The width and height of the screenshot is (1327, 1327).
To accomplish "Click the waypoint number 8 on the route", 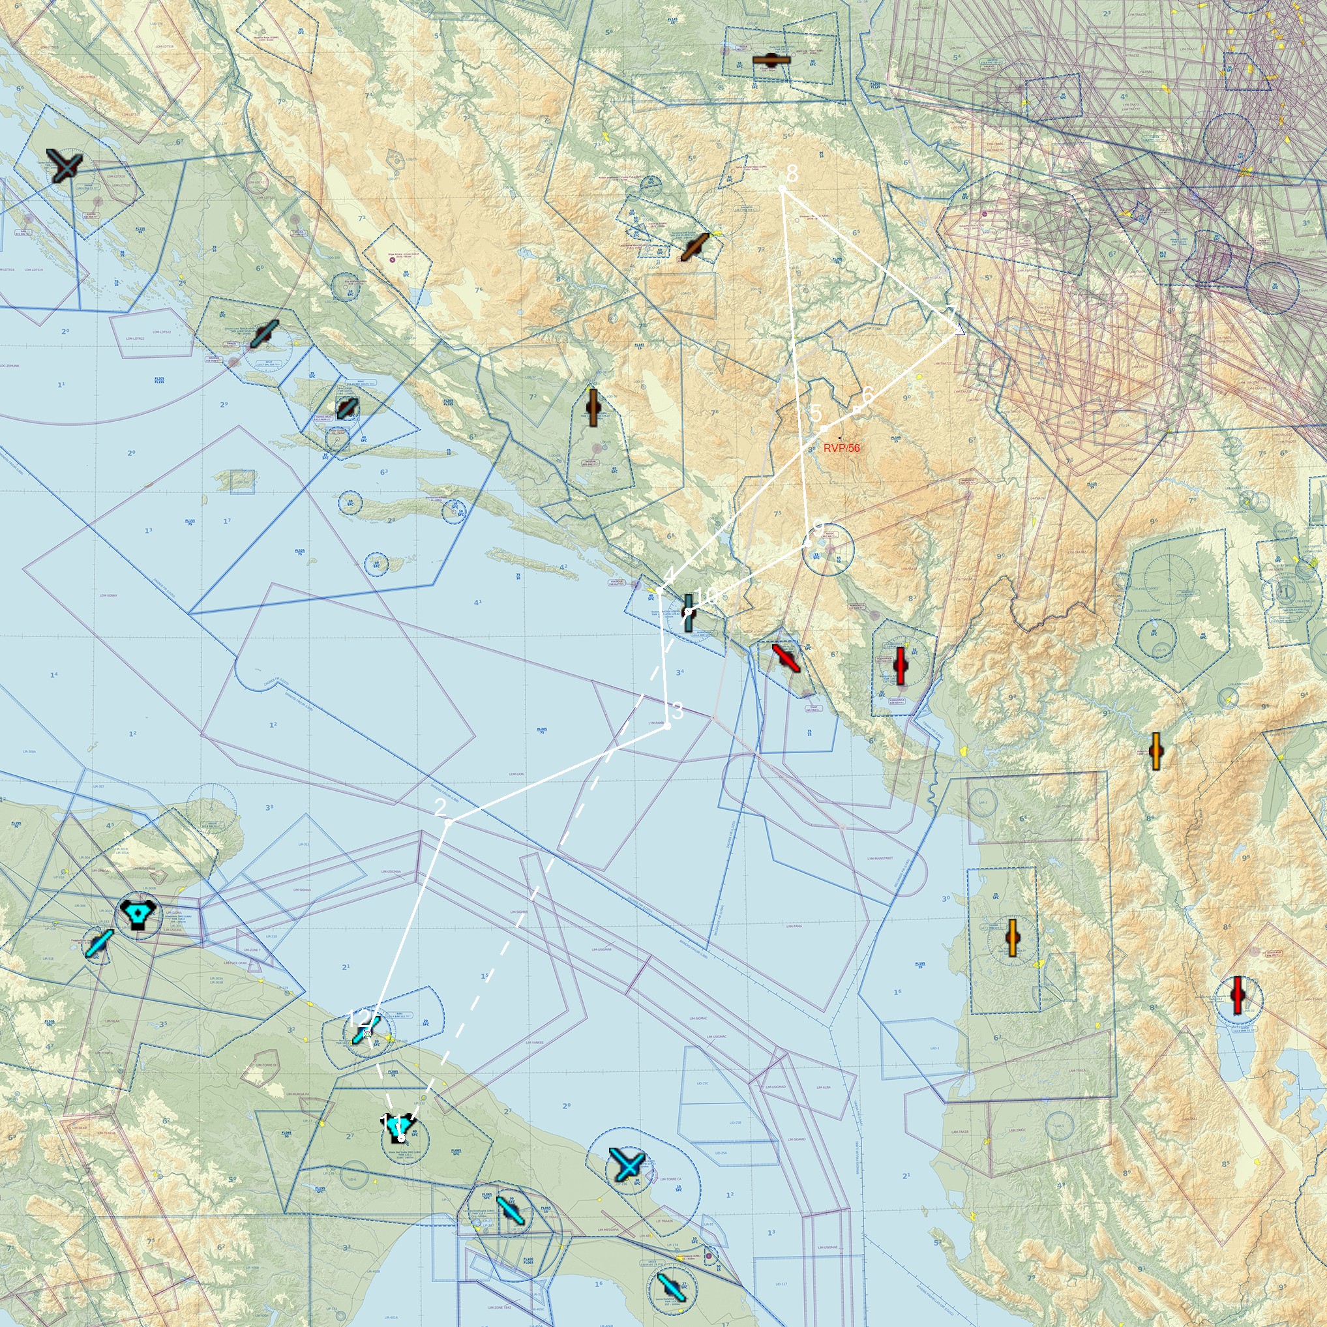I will pyautogui.click(x=792, y=173).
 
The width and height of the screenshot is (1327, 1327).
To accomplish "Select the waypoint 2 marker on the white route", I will pyautogui.click(x=447, y=822).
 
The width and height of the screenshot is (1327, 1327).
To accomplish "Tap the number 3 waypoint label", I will pyautogui.click(x=678, y=711).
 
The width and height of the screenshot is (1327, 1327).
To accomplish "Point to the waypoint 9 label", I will pyautogui.click(x=817, y=528).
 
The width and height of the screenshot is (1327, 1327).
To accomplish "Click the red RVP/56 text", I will pyautogui.click(x=841, y=448).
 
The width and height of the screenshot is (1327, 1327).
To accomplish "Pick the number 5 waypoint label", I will pyautogui.click(x=815, y=413).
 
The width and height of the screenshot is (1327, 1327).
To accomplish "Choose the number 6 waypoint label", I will pyautogui.click(x=867, y=395).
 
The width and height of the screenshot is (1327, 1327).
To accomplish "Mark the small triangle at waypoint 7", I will pyautogui.click(x=959, y=331).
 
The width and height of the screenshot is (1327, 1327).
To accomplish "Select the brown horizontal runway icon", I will pyautogui.click(x=771, y=60).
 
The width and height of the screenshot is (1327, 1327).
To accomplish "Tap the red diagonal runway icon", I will pyautogui.click(x=786, y=657).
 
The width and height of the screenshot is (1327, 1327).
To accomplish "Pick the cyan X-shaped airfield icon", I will pyautogui.click(x=627, y=1165).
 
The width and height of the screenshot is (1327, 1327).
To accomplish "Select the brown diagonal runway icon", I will pyautogui.click(x=694, y=247).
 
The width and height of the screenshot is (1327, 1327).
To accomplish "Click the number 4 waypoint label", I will pyautogui.click(x=669, y=574).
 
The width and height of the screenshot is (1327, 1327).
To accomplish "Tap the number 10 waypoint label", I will pyautogui.click(x=706, y=596).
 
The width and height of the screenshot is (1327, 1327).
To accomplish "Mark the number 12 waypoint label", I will pyautogui.click(x=358, y=1017).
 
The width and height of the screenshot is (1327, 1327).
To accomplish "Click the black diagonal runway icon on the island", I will pyautogui.click(x=348, y=409).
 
